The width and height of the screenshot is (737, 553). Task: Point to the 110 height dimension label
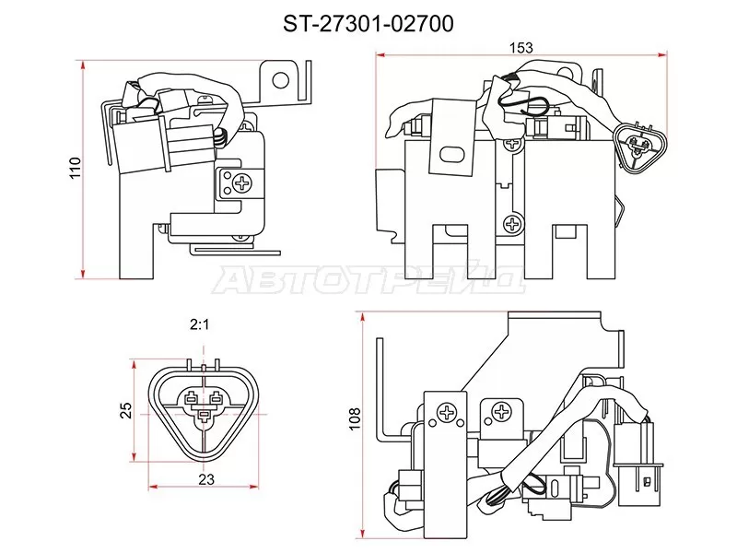(x=76, y=168)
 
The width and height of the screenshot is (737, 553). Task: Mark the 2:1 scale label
(x=200, y=324)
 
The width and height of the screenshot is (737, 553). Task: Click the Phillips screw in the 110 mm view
(x=243, y=182)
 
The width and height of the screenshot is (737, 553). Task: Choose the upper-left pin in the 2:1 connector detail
(x=190, y=400)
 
